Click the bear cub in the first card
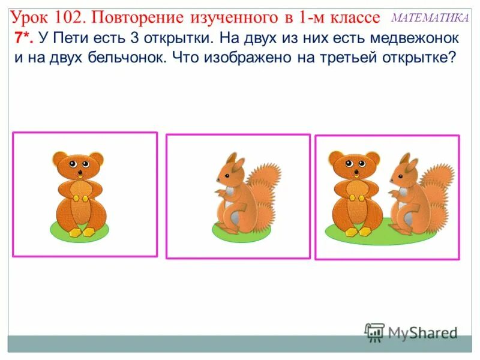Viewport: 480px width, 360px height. point(79,192)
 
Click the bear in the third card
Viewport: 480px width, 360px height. point(355,192)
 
